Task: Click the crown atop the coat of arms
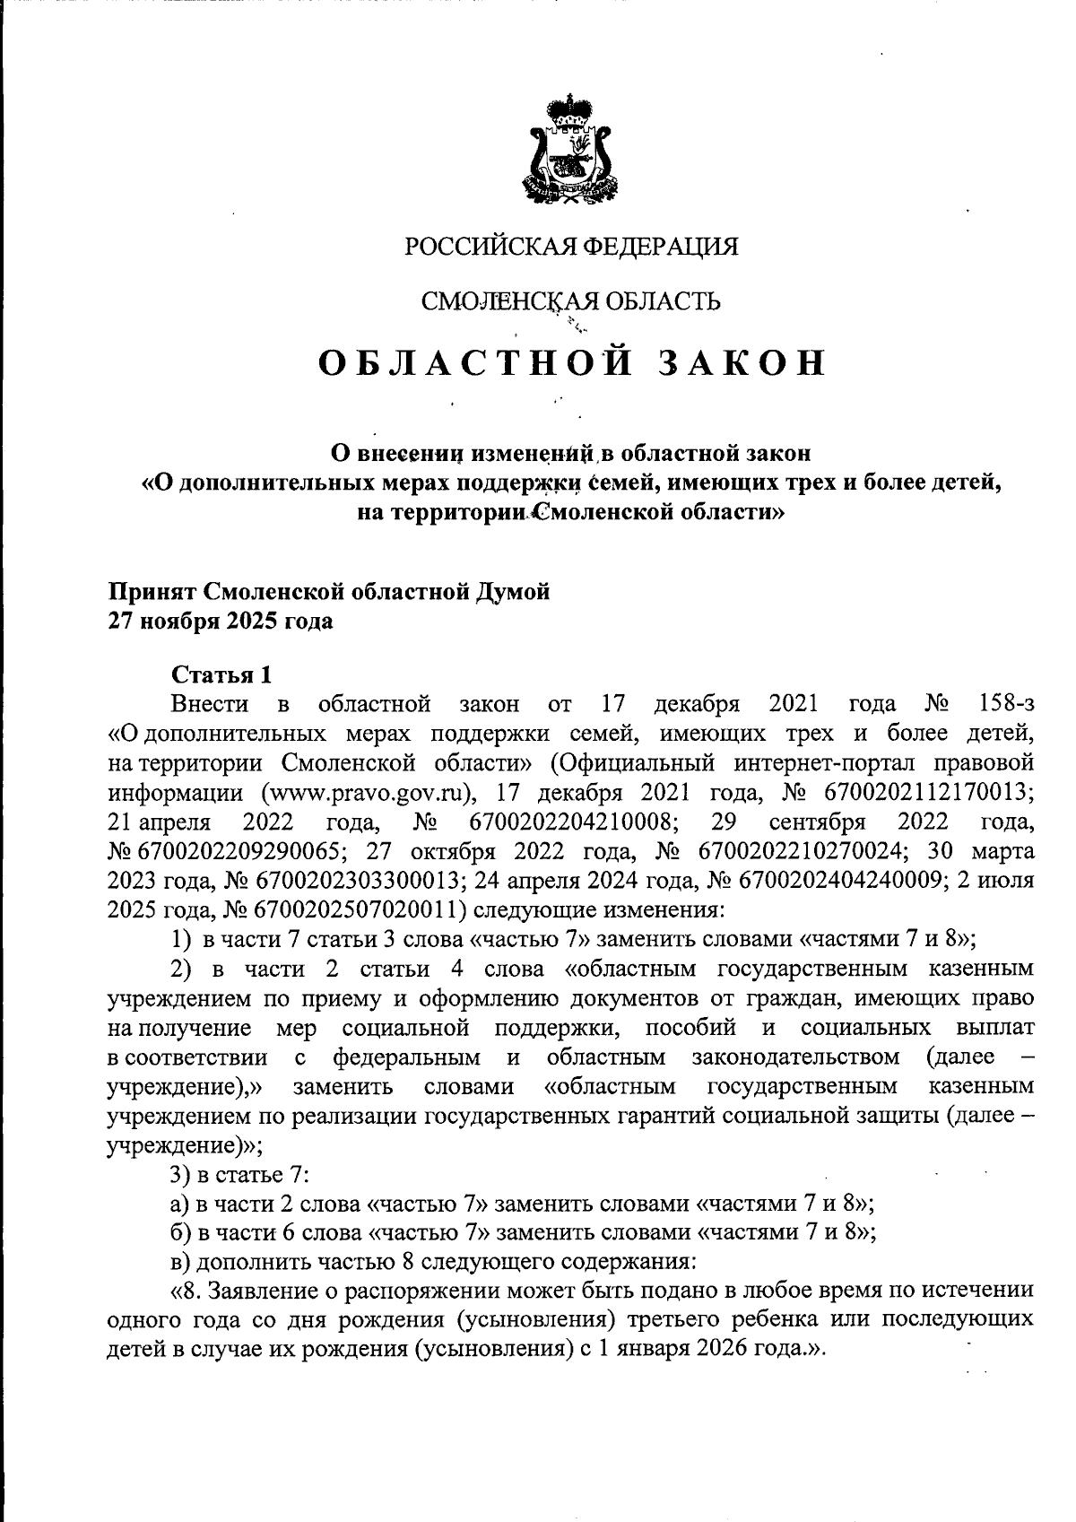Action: point(571,111)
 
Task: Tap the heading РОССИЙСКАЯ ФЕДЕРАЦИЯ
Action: point(571,247)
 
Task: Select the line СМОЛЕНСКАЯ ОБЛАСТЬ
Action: point(571,301)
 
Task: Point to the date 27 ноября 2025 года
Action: point(221,622)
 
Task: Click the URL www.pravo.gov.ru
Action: point(366,793)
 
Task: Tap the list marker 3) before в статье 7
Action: point(183,1174)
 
